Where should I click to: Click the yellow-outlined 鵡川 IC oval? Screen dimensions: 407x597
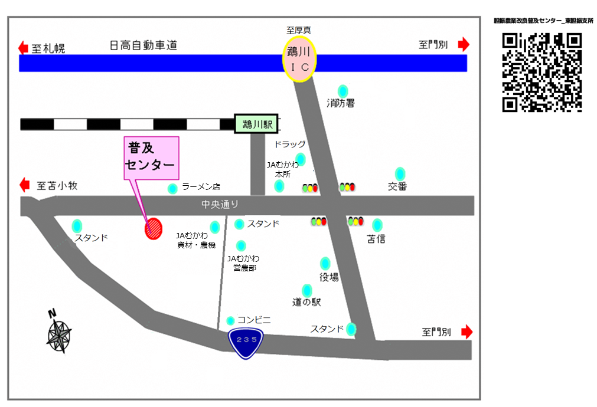tap(299, 59)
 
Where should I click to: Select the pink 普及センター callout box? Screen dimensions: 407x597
tap(151, 157)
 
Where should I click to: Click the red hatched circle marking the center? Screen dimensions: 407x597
tap(154, 228)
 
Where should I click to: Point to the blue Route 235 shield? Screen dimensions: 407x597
tap(246, 344)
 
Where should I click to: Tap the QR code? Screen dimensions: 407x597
tap(541, 73)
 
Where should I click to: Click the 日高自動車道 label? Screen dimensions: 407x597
tap(143, 45)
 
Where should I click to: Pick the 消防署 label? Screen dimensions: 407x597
tap(341, 103)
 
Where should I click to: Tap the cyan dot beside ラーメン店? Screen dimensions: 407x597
tap(172, 189)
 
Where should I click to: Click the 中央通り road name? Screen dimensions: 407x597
tap(220, 205)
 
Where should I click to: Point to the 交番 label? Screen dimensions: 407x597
tap(397, 186)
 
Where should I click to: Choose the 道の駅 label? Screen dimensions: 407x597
tap(306, 303)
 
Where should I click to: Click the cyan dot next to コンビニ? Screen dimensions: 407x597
tap(230, 321)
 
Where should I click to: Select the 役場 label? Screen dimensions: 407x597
tap(329, 277)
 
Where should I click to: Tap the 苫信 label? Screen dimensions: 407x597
tap(376, 239)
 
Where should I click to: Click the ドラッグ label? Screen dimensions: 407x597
tap(289, 145)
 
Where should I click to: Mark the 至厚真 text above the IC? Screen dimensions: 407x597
tap(299, 29)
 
